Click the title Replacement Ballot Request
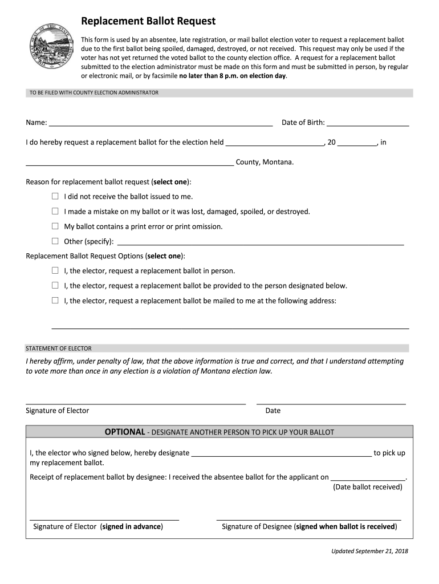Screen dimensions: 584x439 coord(148,22)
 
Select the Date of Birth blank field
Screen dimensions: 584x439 coord(368,123)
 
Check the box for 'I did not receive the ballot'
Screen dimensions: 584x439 coord(55,196)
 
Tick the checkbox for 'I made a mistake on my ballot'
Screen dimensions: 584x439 coord(55,211)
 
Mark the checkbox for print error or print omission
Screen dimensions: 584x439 coord(55,226)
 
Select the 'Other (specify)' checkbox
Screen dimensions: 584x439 coord(55,241)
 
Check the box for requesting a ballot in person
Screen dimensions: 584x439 coord(55,270)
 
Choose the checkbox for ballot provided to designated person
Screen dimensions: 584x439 coord(55,285)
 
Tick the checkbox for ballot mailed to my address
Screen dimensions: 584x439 coord(55,300)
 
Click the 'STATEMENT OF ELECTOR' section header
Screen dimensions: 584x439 coord(59,348)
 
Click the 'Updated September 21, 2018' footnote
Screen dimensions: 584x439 coord(370,551)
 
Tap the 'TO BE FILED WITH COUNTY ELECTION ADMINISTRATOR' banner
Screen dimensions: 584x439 coord(94,92)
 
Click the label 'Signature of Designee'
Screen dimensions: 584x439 coord(257,526)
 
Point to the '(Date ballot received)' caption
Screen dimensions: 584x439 coord(368,487)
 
